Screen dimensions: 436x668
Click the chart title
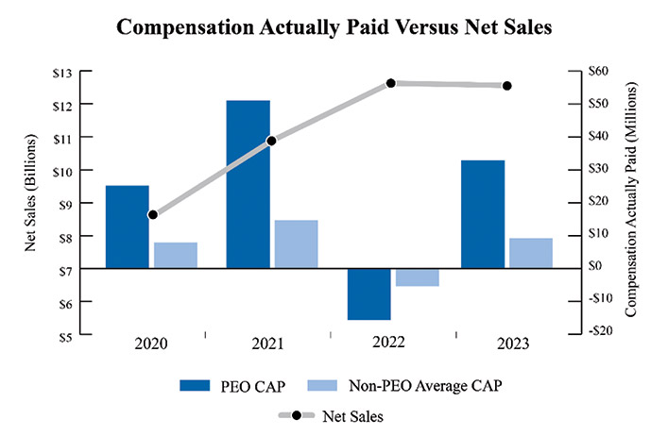(334, 27)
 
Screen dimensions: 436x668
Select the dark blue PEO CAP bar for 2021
(248, 184)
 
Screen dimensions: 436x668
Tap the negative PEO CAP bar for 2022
(368, 293)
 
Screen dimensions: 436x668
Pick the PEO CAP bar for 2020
(127, 226)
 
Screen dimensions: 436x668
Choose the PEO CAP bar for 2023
(482, 214)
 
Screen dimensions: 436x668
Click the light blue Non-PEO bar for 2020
(176, 255)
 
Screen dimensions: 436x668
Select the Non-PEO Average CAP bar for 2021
(297, 243)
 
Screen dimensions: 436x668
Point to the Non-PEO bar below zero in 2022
(417, 277)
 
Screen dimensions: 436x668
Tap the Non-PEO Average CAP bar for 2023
(530, 253)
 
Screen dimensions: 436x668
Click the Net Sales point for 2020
(153, 215)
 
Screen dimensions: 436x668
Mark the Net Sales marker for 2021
(272, 141)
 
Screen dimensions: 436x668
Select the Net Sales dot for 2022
(391, 83)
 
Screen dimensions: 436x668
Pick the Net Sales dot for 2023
(507, 86)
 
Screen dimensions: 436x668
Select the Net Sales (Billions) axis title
(30, 203)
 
